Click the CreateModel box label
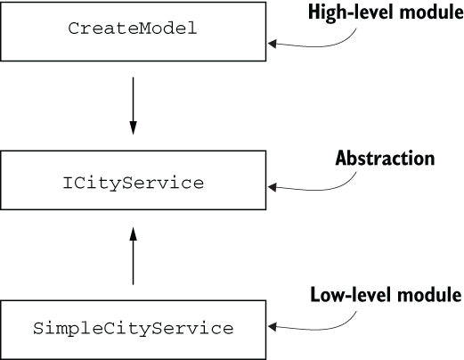coord(133,29)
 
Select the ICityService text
coord(134,184)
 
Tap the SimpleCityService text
coord(134,329)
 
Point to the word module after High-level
coord(431,12)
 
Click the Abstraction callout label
coord(385,158)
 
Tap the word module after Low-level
coord(429,295)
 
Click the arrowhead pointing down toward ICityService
coord(133,128)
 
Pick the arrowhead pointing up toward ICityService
coord(133,234)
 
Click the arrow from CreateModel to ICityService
coord(133,106)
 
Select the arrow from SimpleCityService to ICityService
coord(133,256)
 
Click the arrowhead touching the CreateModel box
coord(272,44)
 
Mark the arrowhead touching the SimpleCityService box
coord(272,327)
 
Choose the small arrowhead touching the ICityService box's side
coord(272,187)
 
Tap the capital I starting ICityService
coord(68,183)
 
